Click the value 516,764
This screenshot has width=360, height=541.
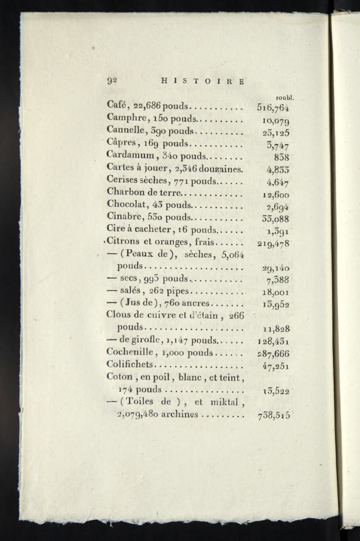coord(273,108)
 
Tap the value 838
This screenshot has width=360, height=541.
coord(281,157)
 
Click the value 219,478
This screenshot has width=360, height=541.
coord(273,244)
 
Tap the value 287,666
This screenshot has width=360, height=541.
coord(273,353)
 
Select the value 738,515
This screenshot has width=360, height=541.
coord(274,415)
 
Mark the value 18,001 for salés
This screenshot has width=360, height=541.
coord(276,293)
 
